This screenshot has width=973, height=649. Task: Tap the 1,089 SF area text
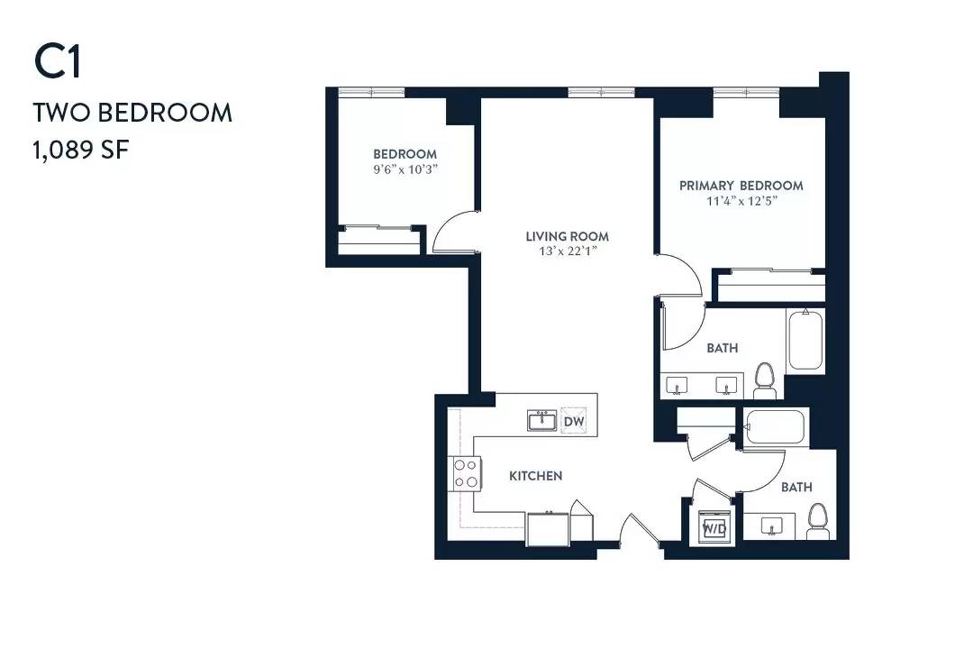tap(81, 150)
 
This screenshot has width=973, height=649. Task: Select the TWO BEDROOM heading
tap(132, 113)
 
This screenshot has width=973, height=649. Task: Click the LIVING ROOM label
tap(568, 236)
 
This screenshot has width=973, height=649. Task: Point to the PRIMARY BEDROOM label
tap(741, 185)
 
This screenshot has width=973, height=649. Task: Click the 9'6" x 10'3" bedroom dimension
tap(405, 169)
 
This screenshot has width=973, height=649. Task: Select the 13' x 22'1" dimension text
tap(568, 251)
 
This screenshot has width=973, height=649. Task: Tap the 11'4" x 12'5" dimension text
tap(741, 201)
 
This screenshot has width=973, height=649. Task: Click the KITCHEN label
tap(535, 476)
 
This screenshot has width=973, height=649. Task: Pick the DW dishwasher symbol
tap(573, 420)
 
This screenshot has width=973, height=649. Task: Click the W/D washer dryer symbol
tap(714, 528)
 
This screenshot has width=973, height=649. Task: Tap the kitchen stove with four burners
tap(466, 473)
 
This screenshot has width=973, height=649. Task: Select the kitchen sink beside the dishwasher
tap(542, 420)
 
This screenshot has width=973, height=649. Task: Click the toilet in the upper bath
tap(765, 380)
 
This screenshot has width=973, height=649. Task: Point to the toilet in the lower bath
tap(818, 521)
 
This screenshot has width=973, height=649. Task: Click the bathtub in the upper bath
tap(805, 341)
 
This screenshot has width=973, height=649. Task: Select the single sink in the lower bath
tap(771, 526)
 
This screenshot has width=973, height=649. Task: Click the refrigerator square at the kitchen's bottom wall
tap(548, 529)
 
